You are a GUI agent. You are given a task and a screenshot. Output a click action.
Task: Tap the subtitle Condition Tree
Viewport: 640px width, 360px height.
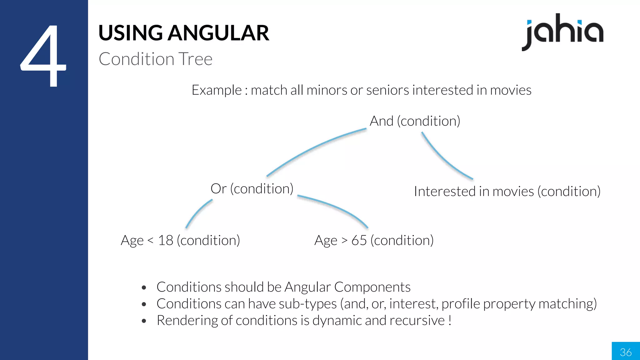[x=155, y=59]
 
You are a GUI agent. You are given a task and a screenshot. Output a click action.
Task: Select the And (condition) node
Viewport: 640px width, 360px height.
[x=415, y=121]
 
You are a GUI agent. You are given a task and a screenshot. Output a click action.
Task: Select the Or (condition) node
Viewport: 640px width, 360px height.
[x=252, y=189]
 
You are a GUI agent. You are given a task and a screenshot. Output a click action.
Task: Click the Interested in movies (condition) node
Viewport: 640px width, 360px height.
[x=507, y=192]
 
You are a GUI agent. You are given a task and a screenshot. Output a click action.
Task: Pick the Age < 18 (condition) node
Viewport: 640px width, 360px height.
[x=180, y=241]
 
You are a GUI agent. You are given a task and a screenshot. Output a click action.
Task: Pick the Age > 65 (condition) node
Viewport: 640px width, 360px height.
[x=374, y=241]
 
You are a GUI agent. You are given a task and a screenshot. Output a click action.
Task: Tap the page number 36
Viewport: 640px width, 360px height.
[x=626, y=352]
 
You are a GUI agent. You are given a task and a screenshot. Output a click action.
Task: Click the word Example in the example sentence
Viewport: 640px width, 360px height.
[x=216, y=90]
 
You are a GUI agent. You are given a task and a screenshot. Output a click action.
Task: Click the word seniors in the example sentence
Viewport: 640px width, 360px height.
[x=387, y=90]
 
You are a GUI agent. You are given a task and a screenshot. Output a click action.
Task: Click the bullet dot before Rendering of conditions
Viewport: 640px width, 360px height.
[x=144, y=321]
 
